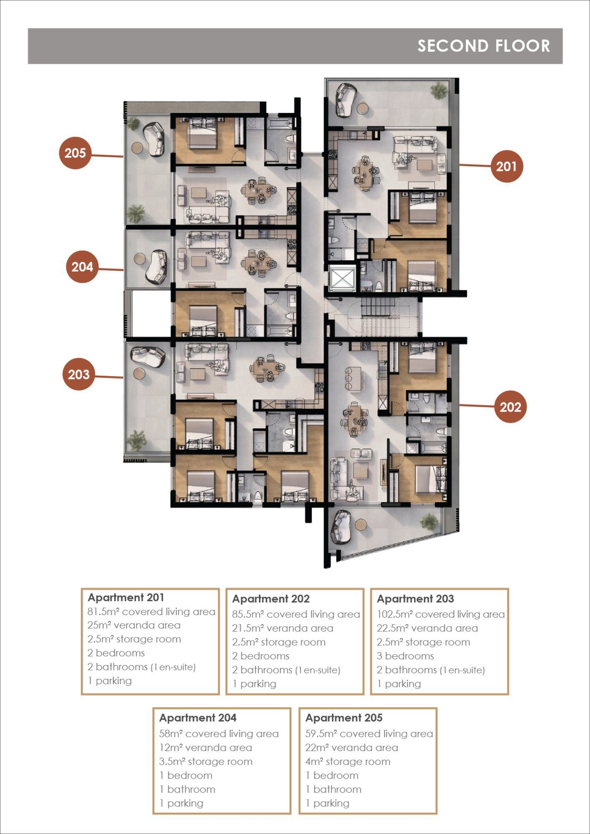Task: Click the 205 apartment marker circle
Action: pos(75,153)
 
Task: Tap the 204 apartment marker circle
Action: pos(82,267)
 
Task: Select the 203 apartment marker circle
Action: pos(79,374)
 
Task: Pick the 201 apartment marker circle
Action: pos(507,166)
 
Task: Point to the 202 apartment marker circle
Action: pos(510,407)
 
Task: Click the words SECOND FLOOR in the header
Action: pos(484,46)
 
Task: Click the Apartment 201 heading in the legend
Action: pos(126,598)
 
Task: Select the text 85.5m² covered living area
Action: pos(296,614)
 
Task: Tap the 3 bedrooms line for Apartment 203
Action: pos(405,656)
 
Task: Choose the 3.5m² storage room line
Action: pos(206,761)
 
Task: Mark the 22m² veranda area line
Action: pos(351,748)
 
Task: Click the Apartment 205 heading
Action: pos(344,718)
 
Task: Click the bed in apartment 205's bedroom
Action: pos(203,133)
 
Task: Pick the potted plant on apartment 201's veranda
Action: pos(439,90)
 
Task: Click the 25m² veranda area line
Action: pos(134,625)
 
